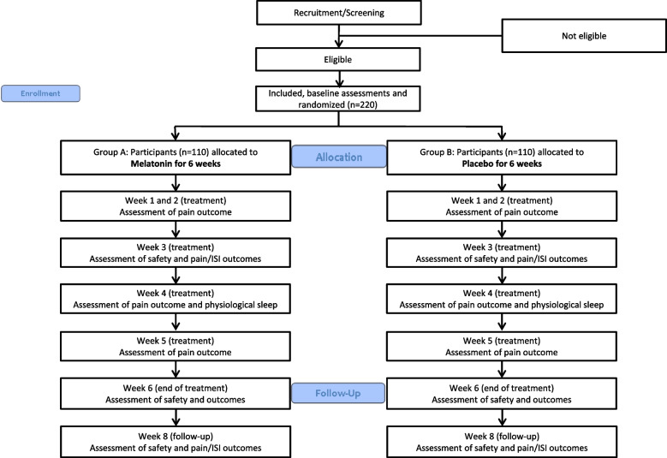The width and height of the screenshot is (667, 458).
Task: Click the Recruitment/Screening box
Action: [339, 13]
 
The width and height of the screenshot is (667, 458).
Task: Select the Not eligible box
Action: [584, 36]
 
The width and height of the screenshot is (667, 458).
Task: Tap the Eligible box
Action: [338, 60]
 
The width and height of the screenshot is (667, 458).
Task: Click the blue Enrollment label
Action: [40, 93]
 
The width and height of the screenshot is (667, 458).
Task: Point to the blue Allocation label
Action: [339, 157]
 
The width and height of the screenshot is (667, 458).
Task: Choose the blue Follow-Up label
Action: [338, 393]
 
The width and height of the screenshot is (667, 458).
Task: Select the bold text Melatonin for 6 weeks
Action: [176, 164]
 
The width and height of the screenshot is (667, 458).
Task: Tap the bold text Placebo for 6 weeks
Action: [502, 164]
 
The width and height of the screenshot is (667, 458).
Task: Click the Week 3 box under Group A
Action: [176, 253]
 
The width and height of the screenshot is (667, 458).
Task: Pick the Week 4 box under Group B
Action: [502, 299]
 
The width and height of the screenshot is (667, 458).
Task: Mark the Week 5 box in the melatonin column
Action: [176, 347]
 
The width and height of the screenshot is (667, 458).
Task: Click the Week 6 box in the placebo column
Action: [502, 394]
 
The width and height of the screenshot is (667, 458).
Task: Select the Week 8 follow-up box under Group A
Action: [176, 443]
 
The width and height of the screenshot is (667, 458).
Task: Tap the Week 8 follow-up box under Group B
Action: [502, 443]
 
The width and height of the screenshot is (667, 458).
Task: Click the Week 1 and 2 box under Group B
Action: [502, 206]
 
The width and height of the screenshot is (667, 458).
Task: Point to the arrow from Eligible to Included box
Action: [339, 79]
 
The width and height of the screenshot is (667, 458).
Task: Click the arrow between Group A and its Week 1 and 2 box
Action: [176, 183]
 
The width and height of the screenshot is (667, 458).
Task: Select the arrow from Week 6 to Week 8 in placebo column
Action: [502, 418]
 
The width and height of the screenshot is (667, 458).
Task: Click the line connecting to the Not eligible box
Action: [420, 36]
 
